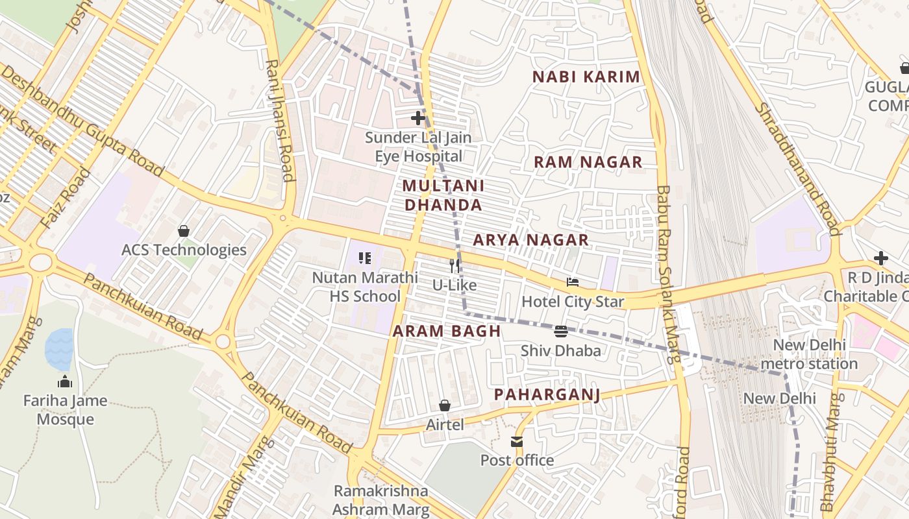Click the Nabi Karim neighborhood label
[x=586, y=77]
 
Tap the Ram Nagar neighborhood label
[x=588, y=162]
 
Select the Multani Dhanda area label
[x=442, y=195]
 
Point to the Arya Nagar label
[x=530, y=240]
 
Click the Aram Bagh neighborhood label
[x=447, y=331]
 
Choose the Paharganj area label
[x=547, y=394]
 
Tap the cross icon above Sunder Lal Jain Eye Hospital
[x=418, y=118]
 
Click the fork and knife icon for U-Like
[x=454, y=265]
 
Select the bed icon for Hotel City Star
[x=572, y=282]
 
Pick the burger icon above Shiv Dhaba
[x=561, y=332]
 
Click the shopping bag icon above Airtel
[x=445, y=405]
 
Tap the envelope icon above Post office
[x=517, y=442]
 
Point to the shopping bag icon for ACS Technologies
[x=184, y=231]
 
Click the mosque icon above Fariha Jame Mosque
[x=64, y=381]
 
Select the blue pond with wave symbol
[x=59, y=348]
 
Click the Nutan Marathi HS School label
[x=365, y=287]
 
